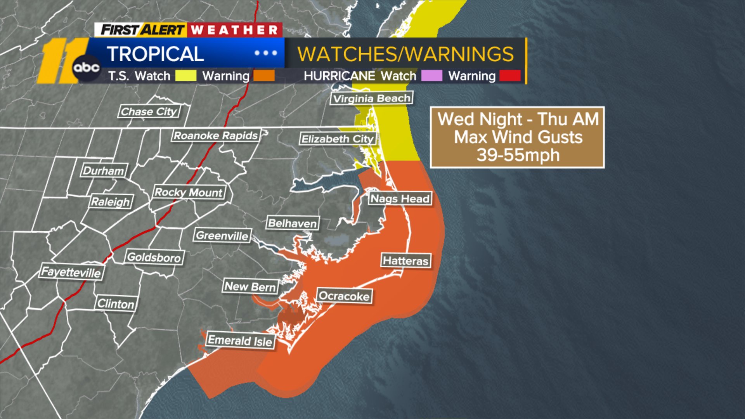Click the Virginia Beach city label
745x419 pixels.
point(372,98)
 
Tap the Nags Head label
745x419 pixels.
point(400,199)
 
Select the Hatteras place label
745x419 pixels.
point(405,261)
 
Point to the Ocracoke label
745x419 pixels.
point(344,296)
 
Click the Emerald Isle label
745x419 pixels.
point(240,341)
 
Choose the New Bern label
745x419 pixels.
point(250,287)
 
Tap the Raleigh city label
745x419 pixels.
point(111,202)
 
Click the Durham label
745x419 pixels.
point(103,171)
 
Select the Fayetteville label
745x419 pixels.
point(71,272)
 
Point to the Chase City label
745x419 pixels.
point(149,112)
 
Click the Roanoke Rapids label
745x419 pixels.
point(216,135)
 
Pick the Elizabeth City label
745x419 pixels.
point(338,139)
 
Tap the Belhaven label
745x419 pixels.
point(293,223)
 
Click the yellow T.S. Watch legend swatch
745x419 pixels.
point(185,76)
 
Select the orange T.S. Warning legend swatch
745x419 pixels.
point(264,76)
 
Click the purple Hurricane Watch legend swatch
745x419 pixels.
point(431,76)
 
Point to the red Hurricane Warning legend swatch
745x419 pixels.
point(510,76)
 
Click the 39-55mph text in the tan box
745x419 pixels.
point(518,155)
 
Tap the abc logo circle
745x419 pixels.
point(87,68)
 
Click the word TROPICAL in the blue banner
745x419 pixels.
point(155,54)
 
